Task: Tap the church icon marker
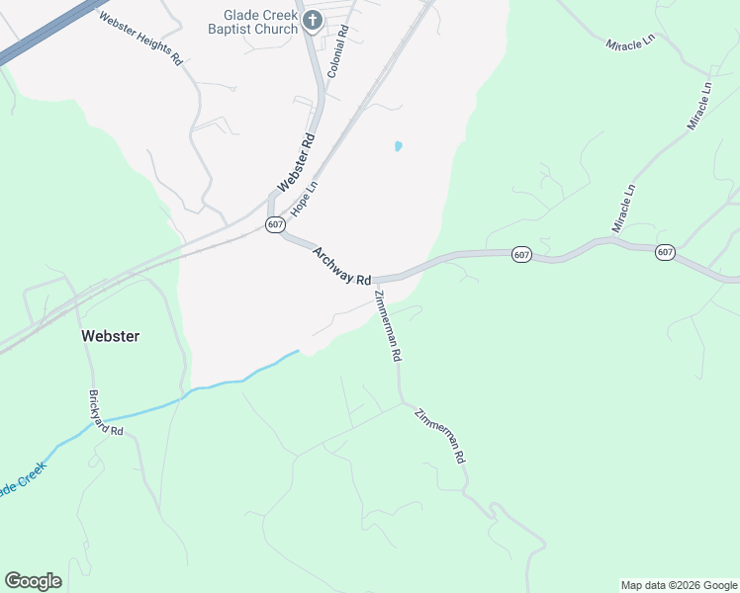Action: [312, 21]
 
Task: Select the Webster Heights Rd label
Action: [141, 38]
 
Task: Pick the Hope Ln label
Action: [306, 198]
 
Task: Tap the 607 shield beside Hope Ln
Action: [276, 225]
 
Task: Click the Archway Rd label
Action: [341, 266]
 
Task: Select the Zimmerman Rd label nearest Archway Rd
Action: [388, 325]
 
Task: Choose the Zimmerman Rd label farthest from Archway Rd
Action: [439, 436]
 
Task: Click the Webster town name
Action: [110, 336]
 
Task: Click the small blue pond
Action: [398, 146]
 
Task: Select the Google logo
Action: [33, 581]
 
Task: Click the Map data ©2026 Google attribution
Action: [679, 585]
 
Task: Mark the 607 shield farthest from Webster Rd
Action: [665, 253]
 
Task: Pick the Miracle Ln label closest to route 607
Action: [623, 209]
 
